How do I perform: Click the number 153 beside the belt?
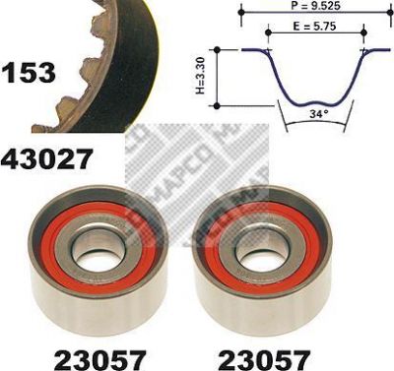point(29,73)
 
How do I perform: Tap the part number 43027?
point(45,158)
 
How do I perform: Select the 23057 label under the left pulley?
point(100,360)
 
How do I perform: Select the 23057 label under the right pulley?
point(264,360)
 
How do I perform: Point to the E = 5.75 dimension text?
point(314,26)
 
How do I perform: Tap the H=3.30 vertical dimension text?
point(200,76)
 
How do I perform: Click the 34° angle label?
point(319,114)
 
